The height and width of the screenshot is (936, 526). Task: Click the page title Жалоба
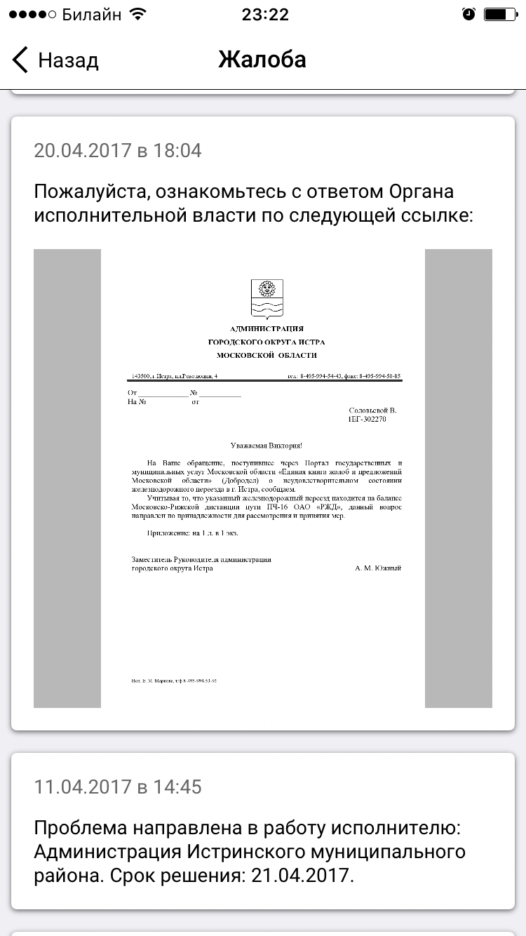pyautogui.click(x=262, y=60)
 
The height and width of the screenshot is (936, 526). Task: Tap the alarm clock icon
pyautogui.click(x=468, y=15)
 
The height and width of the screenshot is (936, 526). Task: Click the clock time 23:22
pyautogui.click(x=264, y=15)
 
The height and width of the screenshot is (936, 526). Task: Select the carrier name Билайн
pyautogui.click(x=92, y=15)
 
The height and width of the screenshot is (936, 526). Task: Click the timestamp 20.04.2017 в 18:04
pyautogui.click(x=118, y=150)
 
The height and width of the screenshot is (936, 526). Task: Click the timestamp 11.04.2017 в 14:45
pyautogui.click(x=118, y=787)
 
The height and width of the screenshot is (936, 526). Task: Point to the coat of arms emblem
pyautogui.click(x=267, y=297)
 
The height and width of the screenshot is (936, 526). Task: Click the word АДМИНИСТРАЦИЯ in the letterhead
pyautogui.click(x=267, y=329)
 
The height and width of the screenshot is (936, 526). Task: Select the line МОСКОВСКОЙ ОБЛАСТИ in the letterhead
pyautogui.click(x=267, y=355)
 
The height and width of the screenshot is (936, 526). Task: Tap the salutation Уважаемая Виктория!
pyautogui.click(x=267, y=446)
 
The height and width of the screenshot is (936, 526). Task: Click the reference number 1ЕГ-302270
pyautogui.click(x=367, y=419)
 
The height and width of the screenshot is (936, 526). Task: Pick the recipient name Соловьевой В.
pyautogui.click(x=372, y=410)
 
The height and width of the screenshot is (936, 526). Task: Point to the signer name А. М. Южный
pyautogui.click(x=378, y=568)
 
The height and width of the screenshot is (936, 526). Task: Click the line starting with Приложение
pyautogui.click(x=193, y=533)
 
